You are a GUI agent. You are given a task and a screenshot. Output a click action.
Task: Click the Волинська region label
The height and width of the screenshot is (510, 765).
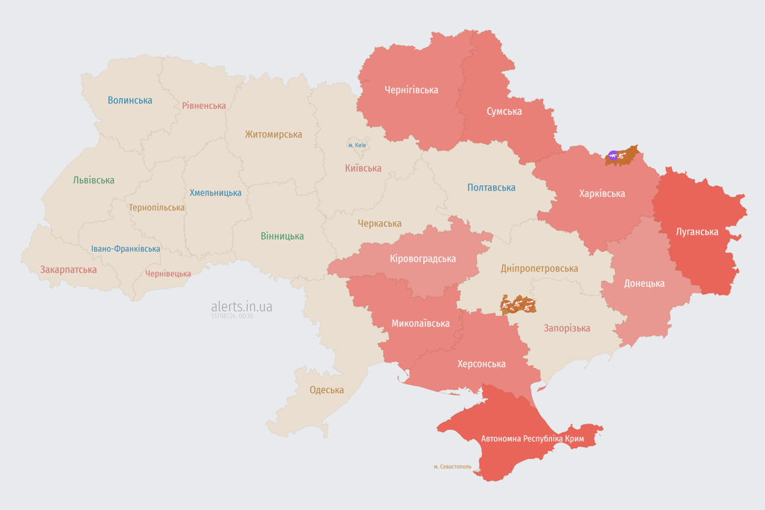(130, 100)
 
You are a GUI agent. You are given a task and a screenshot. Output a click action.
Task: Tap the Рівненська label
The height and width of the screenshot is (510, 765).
(204, 106)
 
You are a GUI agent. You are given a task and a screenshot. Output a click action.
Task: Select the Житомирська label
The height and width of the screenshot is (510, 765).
(273, 134)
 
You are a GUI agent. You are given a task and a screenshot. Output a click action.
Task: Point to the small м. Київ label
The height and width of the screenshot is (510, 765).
(357, 145)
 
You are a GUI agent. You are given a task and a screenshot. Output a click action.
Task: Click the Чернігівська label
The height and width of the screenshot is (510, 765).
(411, 90)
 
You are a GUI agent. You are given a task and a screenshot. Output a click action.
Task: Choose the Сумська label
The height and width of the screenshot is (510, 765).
(504, 111)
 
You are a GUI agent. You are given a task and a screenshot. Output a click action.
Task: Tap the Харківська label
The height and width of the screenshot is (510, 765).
(602, 193)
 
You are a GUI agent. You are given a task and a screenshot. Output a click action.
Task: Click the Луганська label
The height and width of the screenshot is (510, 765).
(697, 232)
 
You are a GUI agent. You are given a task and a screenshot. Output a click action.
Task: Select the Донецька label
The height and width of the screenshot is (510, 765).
(644, 283)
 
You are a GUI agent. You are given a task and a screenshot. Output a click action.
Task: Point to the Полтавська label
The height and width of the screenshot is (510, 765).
(491, 187)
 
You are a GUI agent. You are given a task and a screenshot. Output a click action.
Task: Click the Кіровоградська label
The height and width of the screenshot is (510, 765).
(423, 258)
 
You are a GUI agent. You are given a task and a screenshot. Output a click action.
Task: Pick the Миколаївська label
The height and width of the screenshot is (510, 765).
(420, 323)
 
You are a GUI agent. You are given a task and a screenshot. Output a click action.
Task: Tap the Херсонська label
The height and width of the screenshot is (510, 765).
(481, 363)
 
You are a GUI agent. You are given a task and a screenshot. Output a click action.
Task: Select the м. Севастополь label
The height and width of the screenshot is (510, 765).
(452, 467)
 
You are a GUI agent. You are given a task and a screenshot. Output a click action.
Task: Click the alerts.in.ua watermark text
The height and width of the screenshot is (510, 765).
(242, 306)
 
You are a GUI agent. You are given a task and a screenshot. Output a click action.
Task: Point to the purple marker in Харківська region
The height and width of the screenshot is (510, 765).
(612, 156)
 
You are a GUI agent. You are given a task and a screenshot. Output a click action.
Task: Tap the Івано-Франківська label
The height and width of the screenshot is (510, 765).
(126, 249)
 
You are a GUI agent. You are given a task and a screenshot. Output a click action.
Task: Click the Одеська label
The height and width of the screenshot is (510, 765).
(327, 390)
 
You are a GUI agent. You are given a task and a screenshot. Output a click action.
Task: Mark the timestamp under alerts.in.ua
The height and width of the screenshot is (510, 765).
(232, 316)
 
